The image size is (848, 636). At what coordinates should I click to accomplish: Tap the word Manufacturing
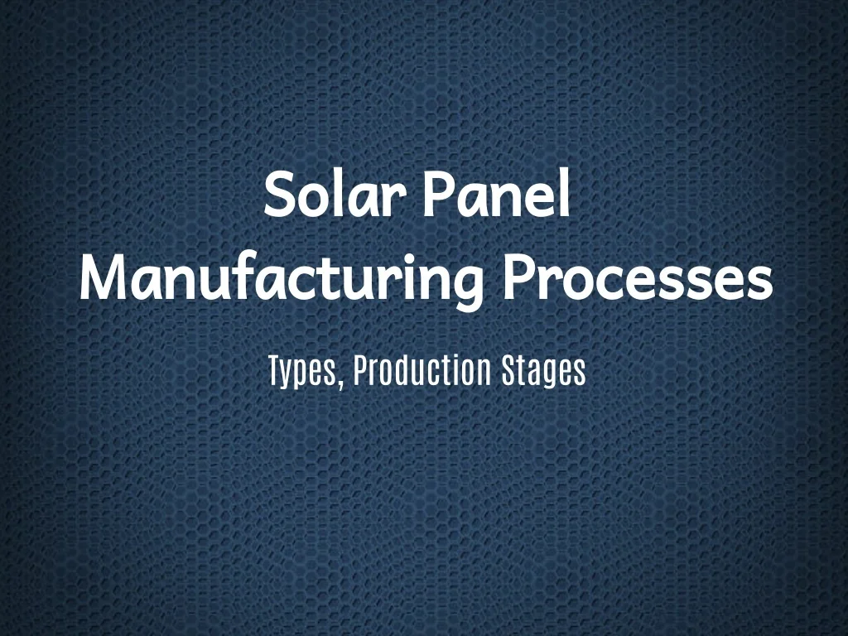pyautogui.click(x=282, y=282)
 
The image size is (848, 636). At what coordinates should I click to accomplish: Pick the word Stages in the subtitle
pyautogui.click(x=543, y=372)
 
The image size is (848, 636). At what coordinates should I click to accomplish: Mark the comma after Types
pyautogui.click(x=341, y=383)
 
